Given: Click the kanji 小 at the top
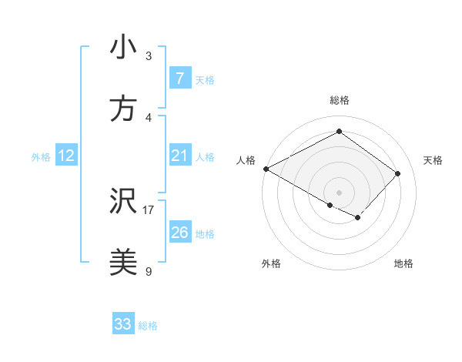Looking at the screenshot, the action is click(x=123, y=47).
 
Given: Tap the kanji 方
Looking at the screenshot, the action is click(x=123, y=109).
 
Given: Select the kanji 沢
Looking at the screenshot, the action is click(x=123, y=203).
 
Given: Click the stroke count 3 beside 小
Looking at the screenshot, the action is click(x=149, y=55).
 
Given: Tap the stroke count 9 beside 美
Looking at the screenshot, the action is click(x=149, y=271).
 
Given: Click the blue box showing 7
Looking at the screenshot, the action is click(x=179, y=79).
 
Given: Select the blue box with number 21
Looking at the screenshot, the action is click(x=179, y=156).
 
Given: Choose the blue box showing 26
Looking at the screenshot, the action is click(x=179, y=233).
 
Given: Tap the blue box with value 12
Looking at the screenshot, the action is click(x=65, y=156).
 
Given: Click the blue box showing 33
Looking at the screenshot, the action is click(x=123, y=324).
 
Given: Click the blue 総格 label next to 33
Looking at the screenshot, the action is click(x=148, y=326).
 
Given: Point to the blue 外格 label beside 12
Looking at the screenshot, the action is click(x=41, y=157).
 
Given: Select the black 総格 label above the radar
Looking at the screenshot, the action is click(x=339, y=100).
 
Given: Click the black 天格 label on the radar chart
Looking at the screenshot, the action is click(x=433, y=160).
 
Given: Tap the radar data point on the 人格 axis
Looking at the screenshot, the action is click(x=266, y=169).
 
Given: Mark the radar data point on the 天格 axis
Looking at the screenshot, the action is click(x=397, y=173).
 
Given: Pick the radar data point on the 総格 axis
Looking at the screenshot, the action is click(x=339, y=132).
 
